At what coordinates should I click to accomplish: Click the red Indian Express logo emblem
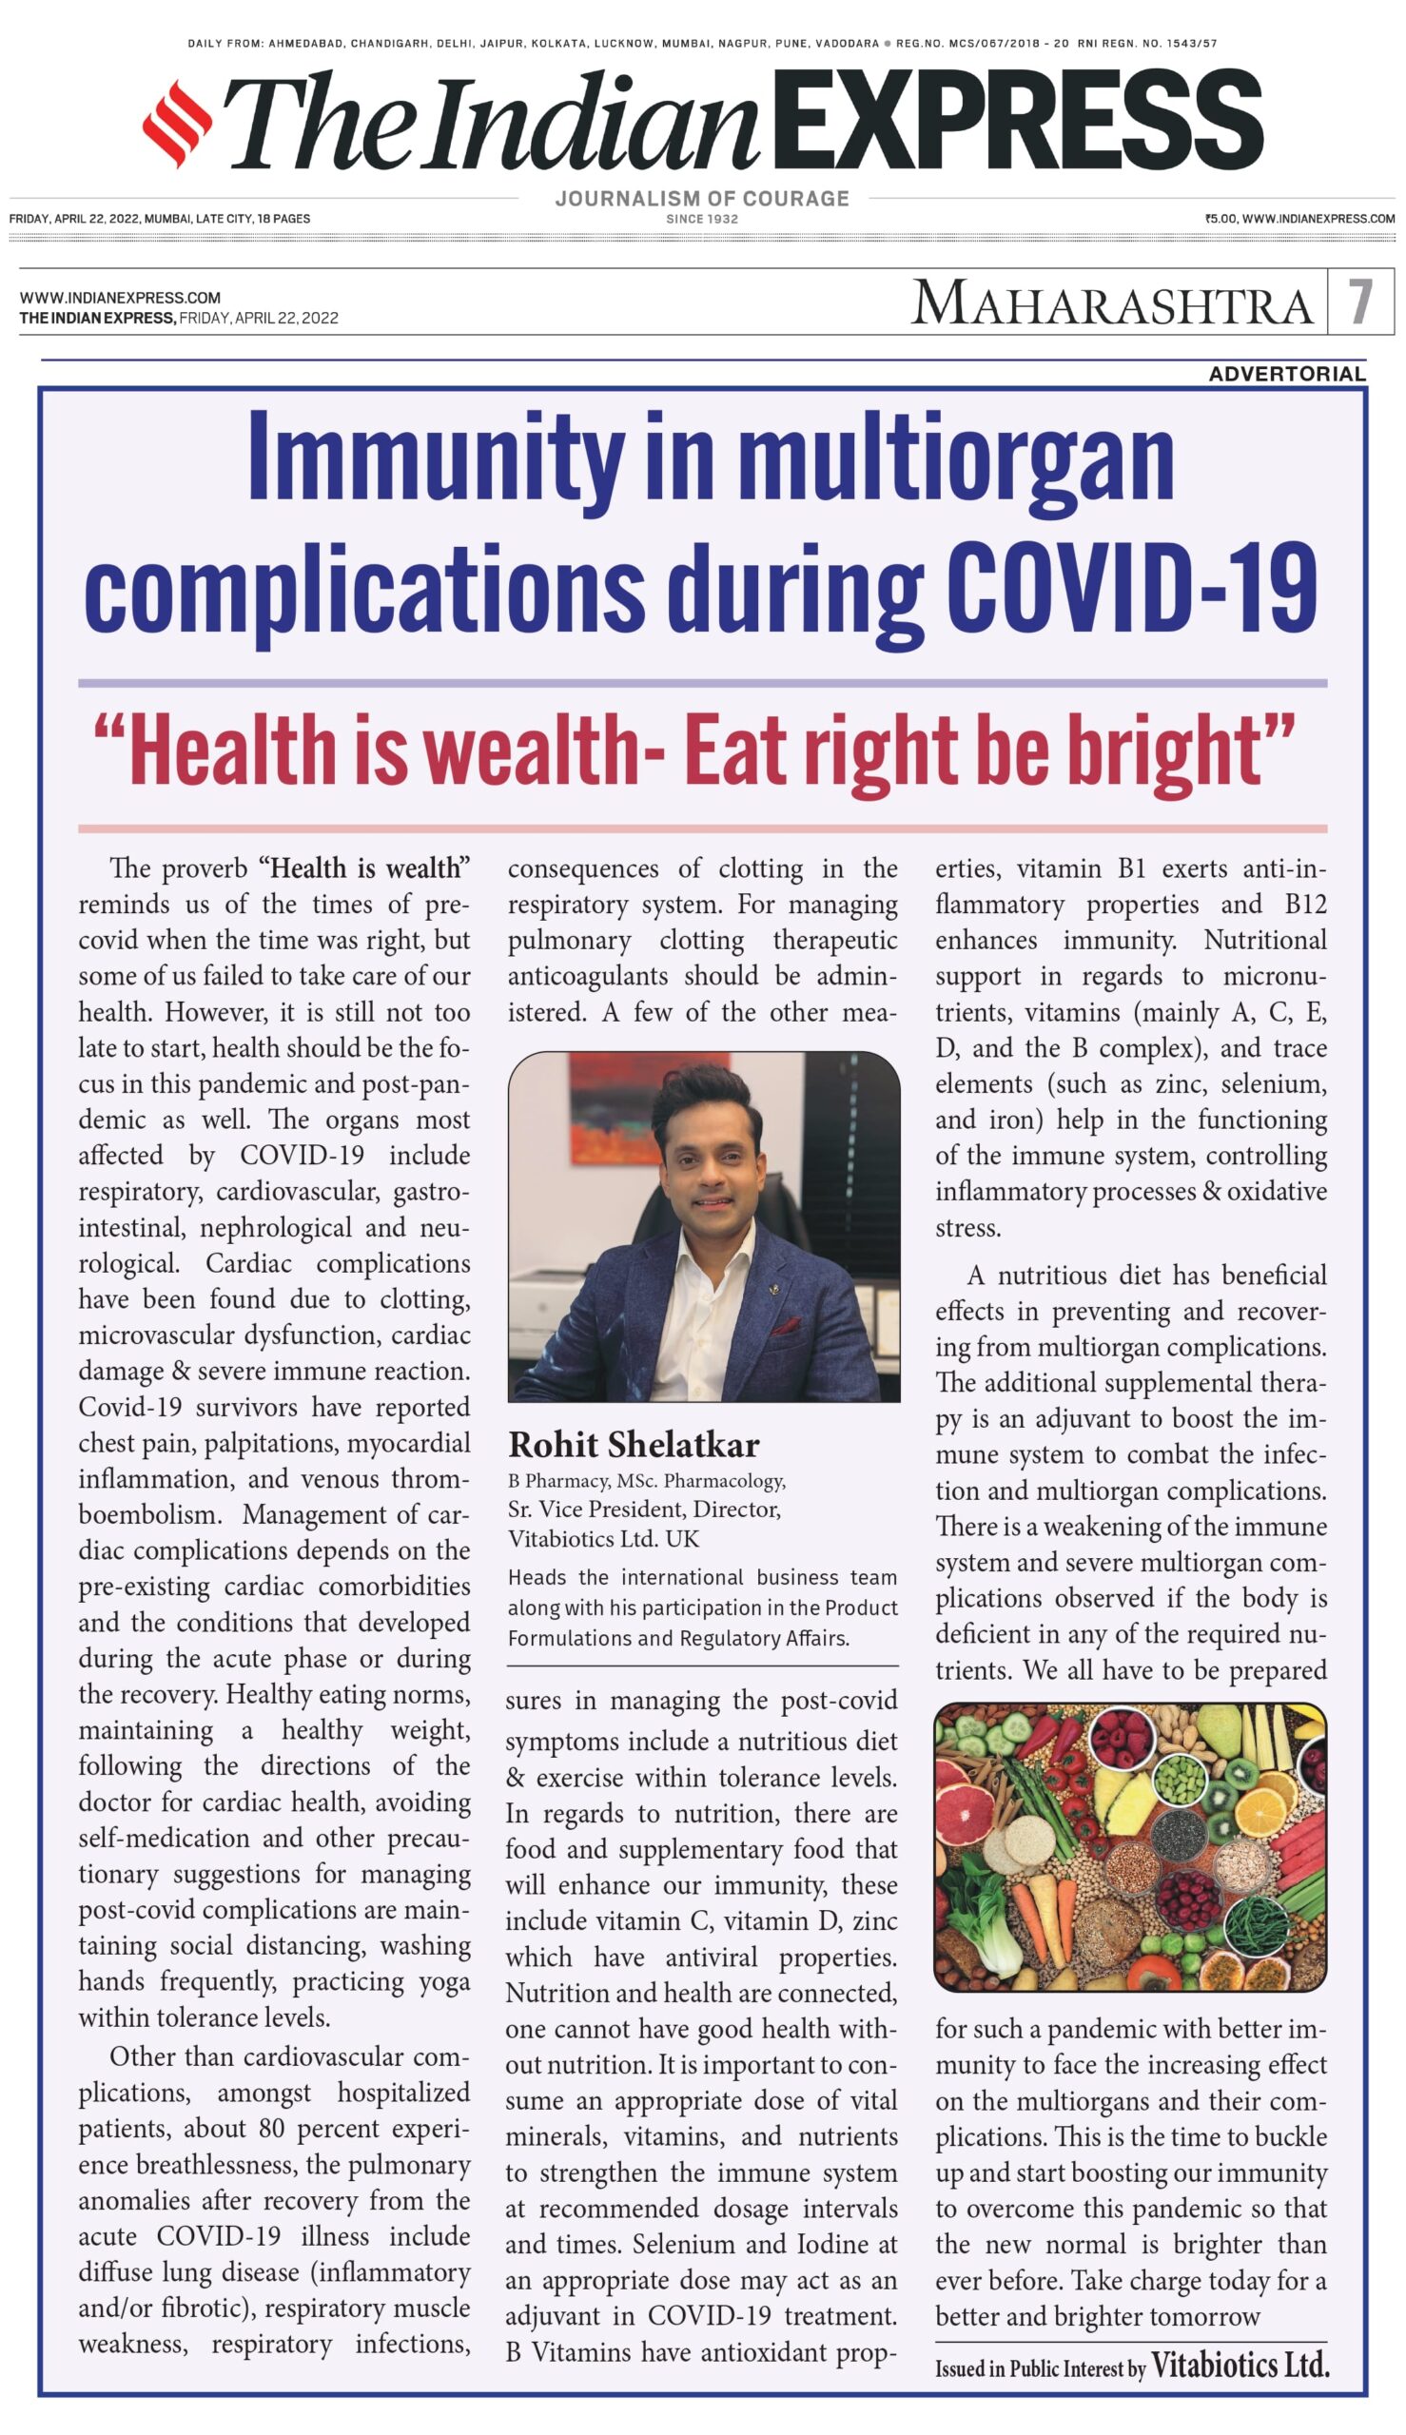point(177,124)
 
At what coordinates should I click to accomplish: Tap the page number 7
point(1359,302)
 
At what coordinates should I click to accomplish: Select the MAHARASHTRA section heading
point(1111,304)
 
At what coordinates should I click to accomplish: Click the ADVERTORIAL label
point(1286,374)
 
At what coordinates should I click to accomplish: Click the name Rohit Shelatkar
point(634,1445)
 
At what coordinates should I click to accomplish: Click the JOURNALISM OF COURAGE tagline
point(702,199)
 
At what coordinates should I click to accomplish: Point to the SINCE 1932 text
point(702,219)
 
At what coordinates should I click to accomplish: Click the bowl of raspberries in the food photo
point(1121,1737)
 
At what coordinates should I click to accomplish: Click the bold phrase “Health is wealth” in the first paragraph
point(364,868)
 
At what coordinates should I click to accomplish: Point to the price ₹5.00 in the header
point(1220,219)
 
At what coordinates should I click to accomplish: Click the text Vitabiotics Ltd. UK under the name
point(603,1538)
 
